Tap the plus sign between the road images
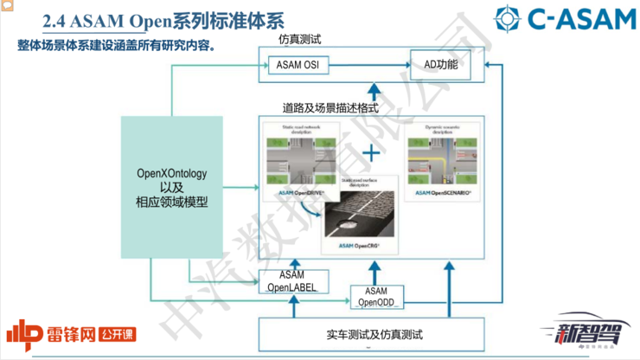[x=371, y=154]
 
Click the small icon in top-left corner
[x=6, y=5]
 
